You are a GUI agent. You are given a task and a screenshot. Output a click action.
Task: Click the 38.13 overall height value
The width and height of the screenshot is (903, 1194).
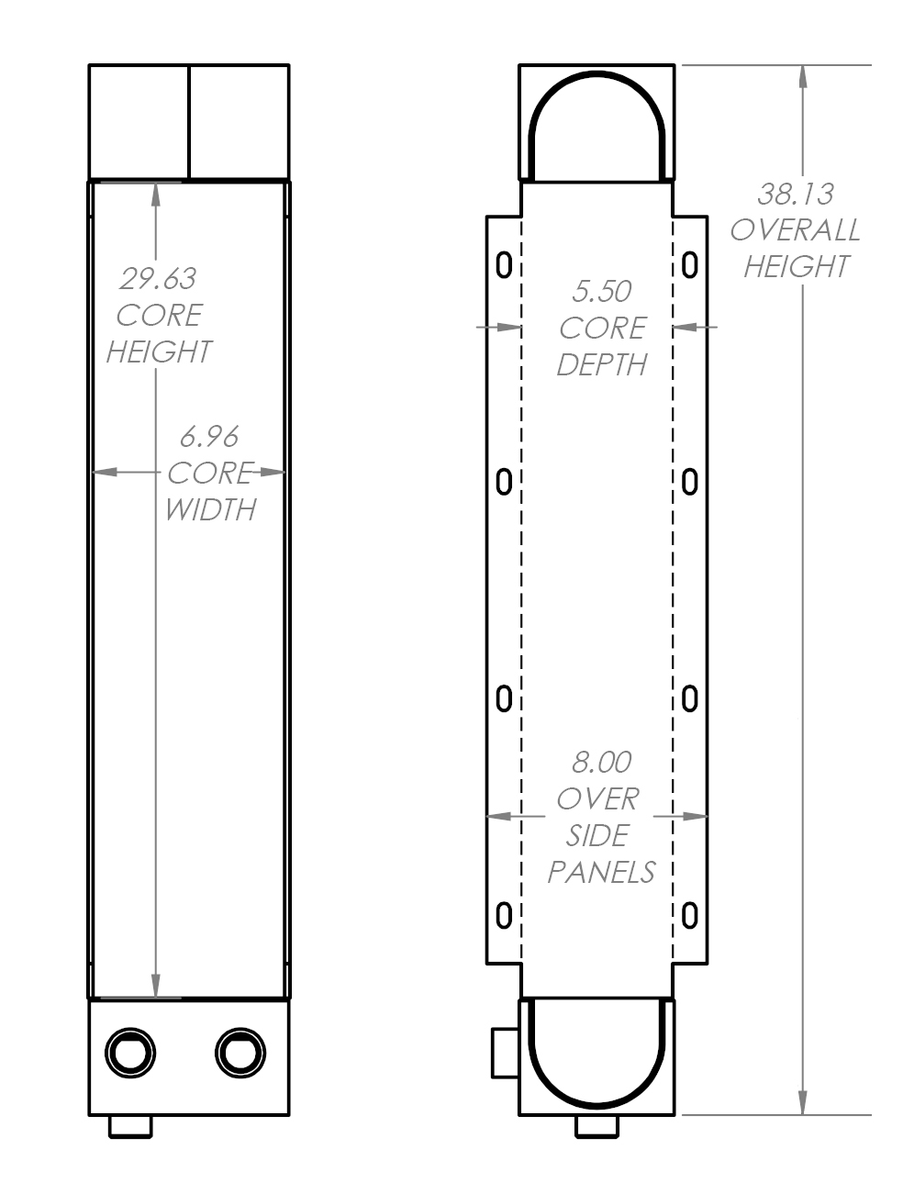(x=795, y=194)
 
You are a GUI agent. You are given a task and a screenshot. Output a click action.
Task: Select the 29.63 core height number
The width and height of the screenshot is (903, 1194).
(x=158, y=277)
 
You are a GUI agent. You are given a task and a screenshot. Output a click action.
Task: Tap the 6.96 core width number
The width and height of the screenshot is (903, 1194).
(x=209, y=435)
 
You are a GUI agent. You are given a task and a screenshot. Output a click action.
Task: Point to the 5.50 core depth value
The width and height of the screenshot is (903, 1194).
(x=601, y=291)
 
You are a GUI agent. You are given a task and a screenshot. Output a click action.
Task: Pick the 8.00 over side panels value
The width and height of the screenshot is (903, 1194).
(x=601, y=762)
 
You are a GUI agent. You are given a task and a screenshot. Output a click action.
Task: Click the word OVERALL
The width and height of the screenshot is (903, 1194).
(x=795, y=229)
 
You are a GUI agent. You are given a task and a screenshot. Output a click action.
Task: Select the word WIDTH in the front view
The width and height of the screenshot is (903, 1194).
(x=209, y=508)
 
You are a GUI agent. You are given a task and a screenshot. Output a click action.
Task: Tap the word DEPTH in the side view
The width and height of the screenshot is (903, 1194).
(x=601, y=364)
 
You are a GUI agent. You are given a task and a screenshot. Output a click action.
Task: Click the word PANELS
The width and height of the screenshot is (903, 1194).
(x=601, y=871)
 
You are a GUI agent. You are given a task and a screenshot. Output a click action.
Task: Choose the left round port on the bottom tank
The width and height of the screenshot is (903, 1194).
(x=130, y=1050)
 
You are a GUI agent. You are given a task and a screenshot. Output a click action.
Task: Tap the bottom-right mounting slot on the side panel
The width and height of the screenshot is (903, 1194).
(x=690, y=914)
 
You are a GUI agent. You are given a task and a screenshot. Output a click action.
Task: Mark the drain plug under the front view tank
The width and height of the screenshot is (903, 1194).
(x=130, y=1127)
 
